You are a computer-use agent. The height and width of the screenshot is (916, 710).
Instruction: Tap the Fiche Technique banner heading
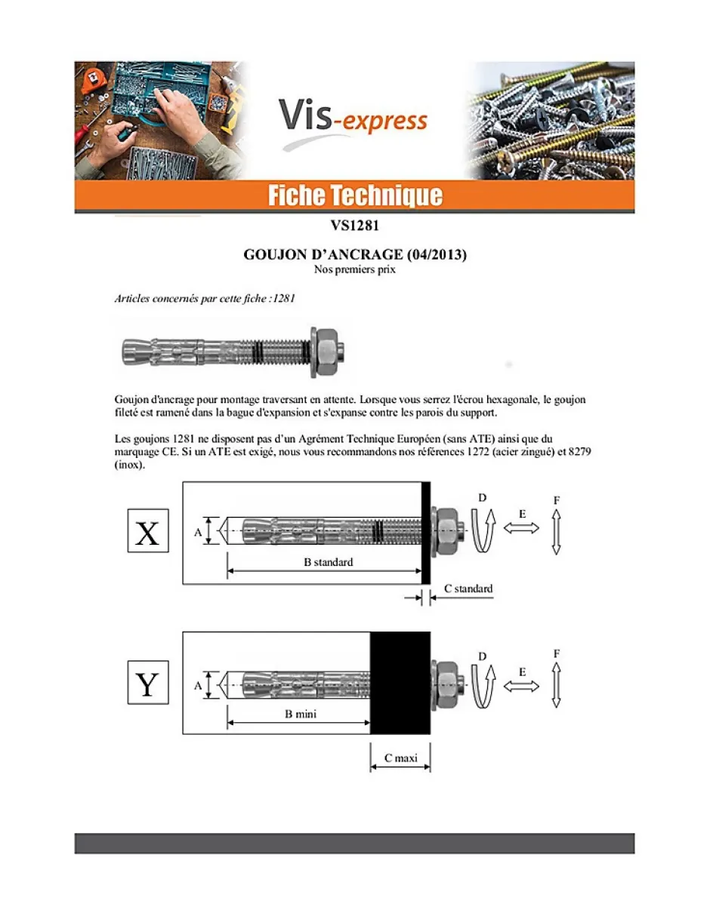coord(354,196)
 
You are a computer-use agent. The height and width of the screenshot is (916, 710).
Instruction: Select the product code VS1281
coord(354,226)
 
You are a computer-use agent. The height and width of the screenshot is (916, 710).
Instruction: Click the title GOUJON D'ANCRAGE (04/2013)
coord(354,255)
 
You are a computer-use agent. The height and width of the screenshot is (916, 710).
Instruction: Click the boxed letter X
coord(147,532)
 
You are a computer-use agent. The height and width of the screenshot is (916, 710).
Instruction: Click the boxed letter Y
coord(147,684)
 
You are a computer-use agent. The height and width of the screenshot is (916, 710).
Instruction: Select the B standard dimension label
coord(323,562)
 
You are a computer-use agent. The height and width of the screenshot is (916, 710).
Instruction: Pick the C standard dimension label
coord(468,589)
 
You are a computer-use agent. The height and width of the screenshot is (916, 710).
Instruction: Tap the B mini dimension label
coord(300,714)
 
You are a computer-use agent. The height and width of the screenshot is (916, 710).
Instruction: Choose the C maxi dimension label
coord(400,758)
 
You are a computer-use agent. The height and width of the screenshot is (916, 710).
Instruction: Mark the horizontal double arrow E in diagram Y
coord(521,687)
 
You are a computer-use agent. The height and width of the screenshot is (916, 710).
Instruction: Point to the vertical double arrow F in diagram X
coord(556,532)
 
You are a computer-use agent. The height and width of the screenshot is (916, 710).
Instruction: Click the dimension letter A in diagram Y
coord(198,685)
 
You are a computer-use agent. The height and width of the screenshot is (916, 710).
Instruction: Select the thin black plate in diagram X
coord(425,533)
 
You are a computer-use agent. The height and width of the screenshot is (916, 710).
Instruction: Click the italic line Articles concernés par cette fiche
coord(204,298)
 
